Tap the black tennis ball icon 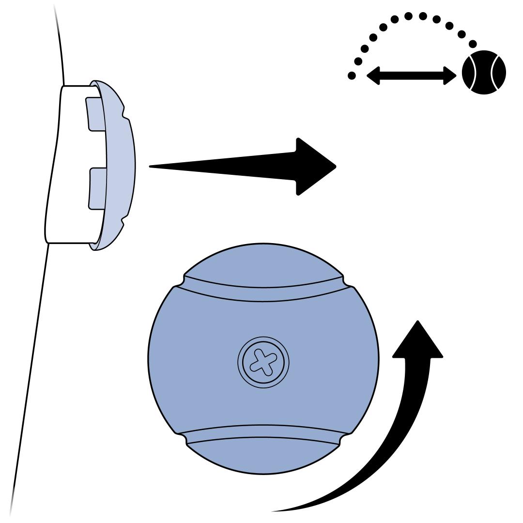click(x=483, y=73)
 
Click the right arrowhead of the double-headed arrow click(x=450, y=75)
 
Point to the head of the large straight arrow click(x=315, y=167)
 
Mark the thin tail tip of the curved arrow click(x=274, y=510)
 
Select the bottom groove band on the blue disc click(x=263, y=433)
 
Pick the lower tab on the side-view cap click(x=97, y=189)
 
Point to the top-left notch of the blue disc click(x=180, y=281)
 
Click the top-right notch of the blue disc click(x=347, y=281)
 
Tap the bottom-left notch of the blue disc click(x=182, y=438)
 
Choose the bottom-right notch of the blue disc click(x=345, y=438)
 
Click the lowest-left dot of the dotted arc click(x=352, y=75)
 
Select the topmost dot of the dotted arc click(x=409, y=16)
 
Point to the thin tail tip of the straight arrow click(x=152, y=167)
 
